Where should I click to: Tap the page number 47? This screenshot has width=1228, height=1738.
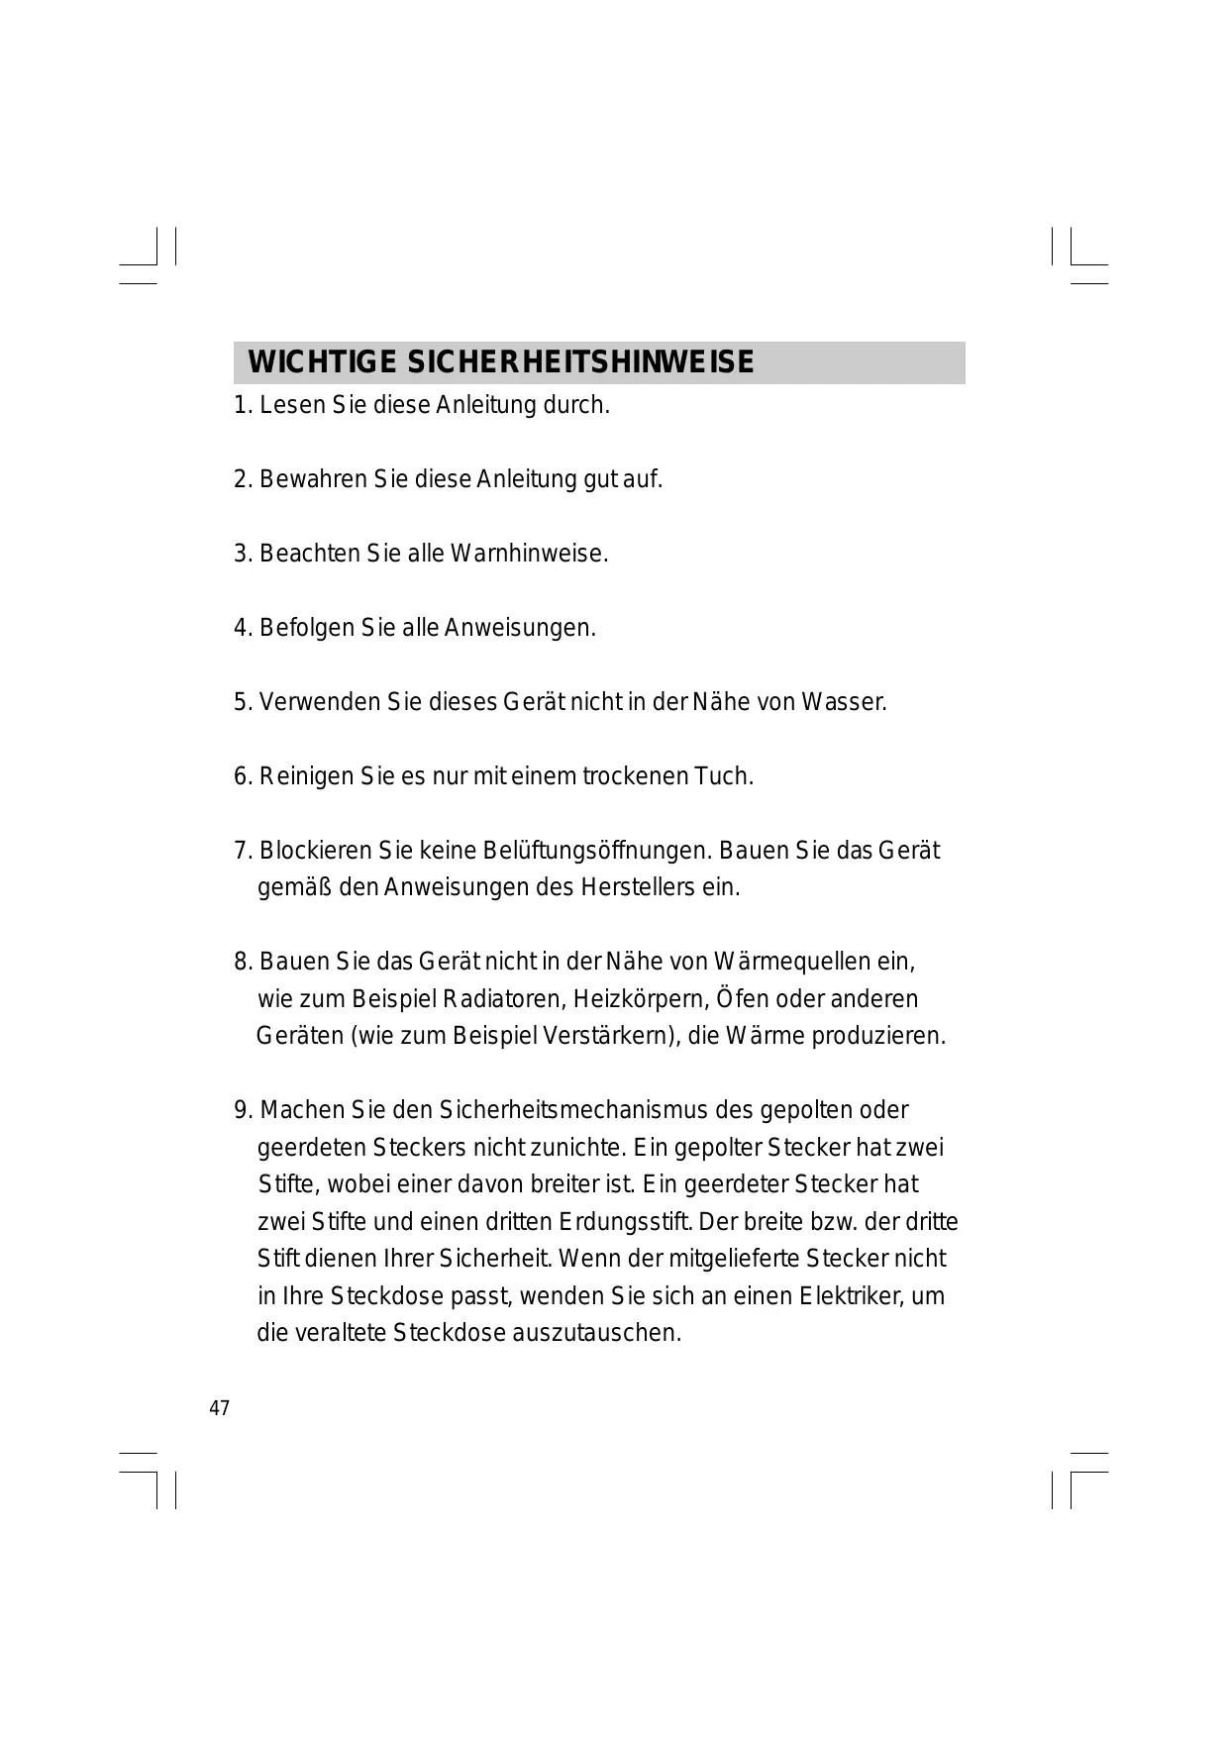220,1408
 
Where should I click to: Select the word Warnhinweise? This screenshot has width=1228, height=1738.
529,554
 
